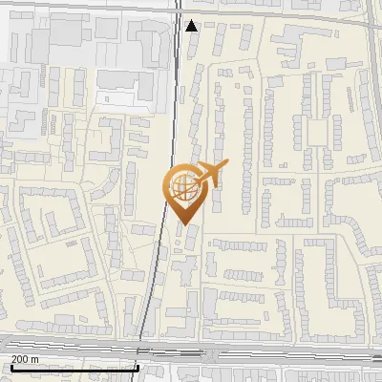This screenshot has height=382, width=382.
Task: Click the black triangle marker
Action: (192, 26)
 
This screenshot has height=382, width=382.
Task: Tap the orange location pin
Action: (183, 195)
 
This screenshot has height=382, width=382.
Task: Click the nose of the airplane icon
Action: (228, 164)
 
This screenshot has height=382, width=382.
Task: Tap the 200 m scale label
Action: (26, 358)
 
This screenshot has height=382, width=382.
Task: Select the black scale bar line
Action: (73, 367)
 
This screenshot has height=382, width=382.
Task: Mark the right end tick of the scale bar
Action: (138, 367)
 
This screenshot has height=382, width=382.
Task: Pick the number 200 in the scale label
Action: (20, 358)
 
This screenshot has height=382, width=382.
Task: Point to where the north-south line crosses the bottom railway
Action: (142, 344)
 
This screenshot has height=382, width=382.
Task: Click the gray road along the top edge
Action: (95, 6)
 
